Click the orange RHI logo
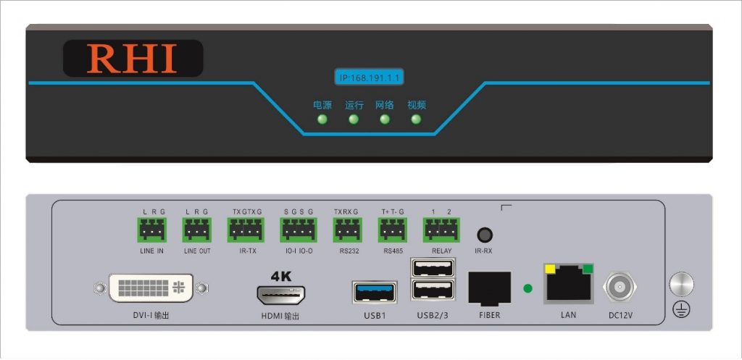(132, 59)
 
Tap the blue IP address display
(369, 77)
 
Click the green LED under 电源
(322, 120)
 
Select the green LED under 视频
(416, 120)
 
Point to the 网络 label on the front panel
(384, 105)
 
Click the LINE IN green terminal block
(152, 230)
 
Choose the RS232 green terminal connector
(348, 230)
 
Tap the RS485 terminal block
(392, 230)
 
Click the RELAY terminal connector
(441, 230)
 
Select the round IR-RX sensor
(485, 235)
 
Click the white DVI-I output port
(151, 288)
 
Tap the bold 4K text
(281, 276)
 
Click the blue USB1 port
(375, 292)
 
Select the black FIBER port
(489, 288)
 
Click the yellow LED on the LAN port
(550, 269)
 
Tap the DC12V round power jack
(620, 288)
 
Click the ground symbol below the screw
(681, 309)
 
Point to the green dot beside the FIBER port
(528, 288)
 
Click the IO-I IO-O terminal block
(299, 230)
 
